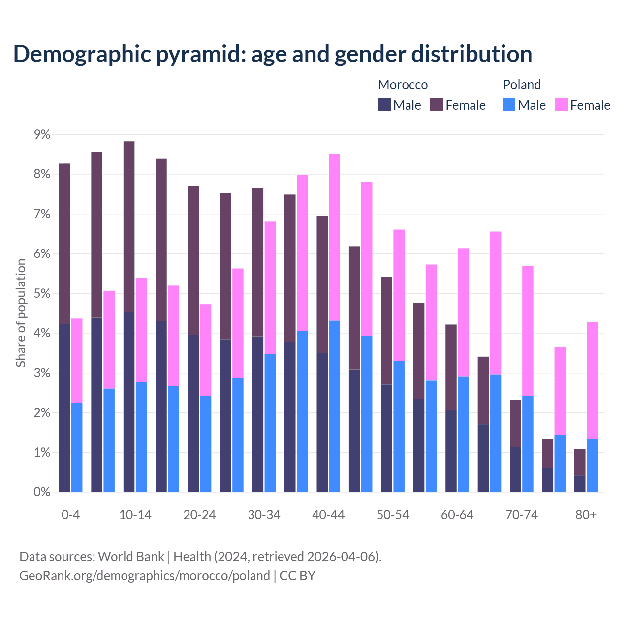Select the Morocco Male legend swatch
[x=384, y=105]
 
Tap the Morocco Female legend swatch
[x=437, y=105]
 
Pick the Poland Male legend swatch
[x=509, y=105]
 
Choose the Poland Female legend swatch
[x=561, y=105]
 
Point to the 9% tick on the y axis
[x=41, y=134]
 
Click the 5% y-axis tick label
[x=41, y=293]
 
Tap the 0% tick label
[x=41, y=492]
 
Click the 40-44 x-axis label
[x=328, y=515]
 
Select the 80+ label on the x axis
[x=586, y=515]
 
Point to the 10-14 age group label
[x=135, y=515]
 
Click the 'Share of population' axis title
[x=21, y=313]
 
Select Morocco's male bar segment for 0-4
[x=64, y=408]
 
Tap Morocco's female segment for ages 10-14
[x=129, y=226]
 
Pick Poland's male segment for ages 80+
[x=592, y=465]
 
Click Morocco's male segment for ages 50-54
[x=387, y=438]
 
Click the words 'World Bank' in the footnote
[x=131, y=557]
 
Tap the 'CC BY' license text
[x=297, y=576]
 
